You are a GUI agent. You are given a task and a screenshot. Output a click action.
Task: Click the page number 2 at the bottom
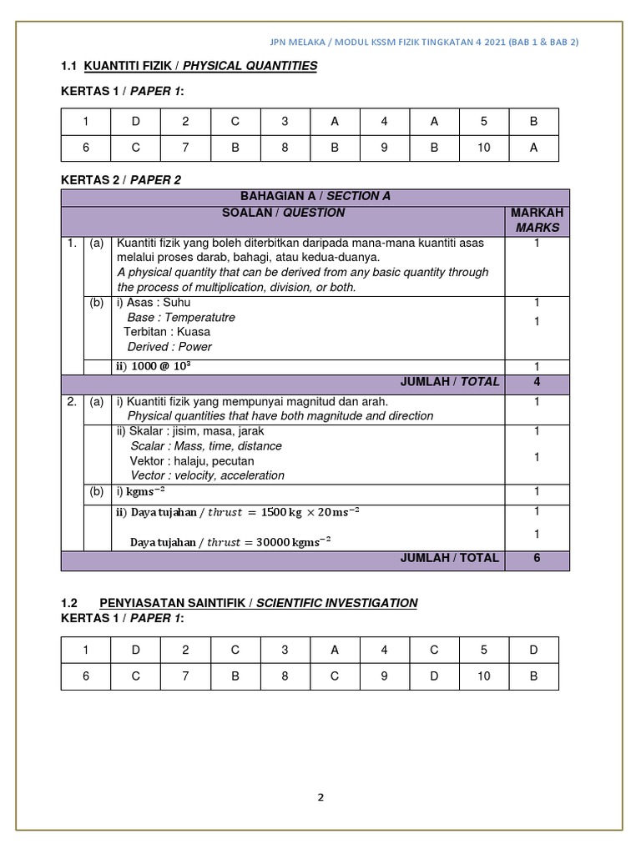pyautogui.click(x=320, y=796)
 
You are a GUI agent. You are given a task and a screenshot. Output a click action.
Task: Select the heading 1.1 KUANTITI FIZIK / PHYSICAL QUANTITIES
pyautogui.click(x=189, y=66)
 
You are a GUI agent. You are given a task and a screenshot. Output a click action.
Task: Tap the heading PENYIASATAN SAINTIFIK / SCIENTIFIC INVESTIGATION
pyautogui.click(x=259, y=603)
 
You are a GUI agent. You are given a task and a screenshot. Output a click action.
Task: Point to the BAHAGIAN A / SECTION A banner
pyautogui.click(x=315, y=196)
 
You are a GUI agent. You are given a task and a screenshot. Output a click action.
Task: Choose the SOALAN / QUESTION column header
pyautogui.click(x=283, y=213)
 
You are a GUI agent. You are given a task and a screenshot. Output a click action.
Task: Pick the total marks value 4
pyautogui.click(x=537, y=382)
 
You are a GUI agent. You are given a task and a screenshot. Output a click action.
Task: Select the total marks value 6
pyautogui.click(x=537, y=558)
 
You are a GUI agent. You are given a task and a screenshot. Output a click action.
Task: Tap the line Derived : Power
pyautogui.click(x=169, y=347)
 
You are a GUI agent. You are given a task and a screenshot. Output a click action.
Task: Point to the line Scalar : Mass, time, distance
pyautogui.click(x=206, y=446)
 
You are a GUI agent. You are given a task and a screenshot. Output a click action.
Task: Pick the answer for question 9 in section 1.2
pyautogui.click(x=434, y=676)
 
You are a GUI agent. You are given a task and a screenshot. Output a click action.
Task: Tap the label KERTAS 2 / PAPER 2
pyautogui.click(x=121, y=179)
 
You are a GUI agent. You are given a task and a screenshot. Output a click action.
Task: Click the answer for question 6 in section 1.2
pyautogui.click(x=135, y=676)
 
